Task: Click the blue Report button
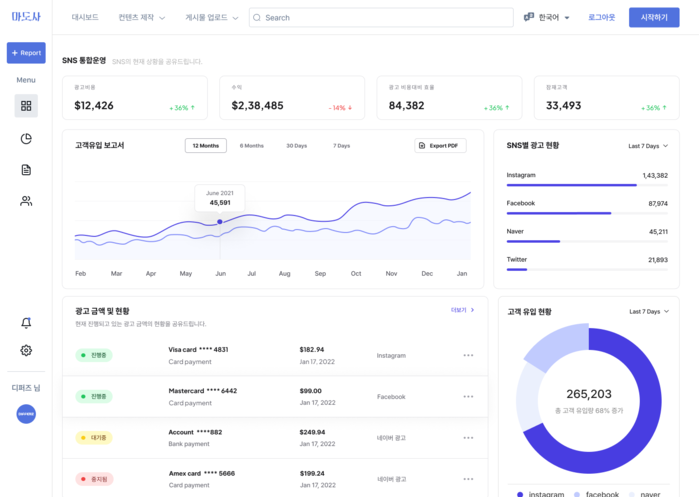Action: point(26,53)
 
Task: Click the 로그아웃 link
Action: point(601,18)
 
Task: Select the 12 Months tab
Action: point(205,146)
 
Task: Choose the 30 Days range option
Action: point(296,146)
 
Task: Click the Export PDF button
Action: point(440,146)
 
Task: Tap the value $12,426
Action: point(94,105)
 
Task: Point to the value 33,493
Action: point(563,105)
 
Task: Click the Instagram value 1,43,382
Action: point(654,175)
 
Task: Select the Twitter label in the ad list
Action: point(517,259)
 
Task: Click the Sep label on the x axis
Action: point(320,273)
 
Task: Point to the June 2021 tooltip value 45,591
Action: point(219,203)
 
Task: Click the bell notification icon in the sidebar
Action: point(26,323)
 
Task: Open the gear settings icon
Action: point(26,350)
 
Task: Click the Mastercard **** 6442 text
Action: point(203,391)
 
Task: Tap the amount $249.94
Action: point(312,432)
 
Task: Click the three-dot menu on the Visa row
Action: point(468,356)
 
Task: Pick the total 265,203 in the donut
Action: point(588,394)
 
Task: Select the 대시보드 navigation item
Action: point(85,18)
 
